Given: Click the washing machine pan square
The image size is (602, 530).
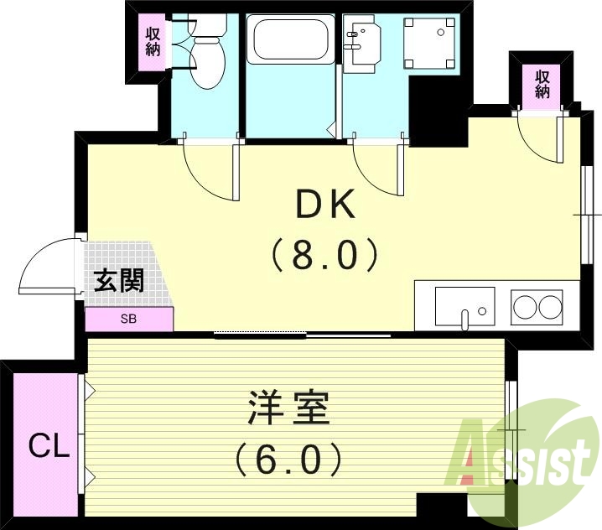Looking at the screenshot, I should pyautogui.click(x=429, y=44).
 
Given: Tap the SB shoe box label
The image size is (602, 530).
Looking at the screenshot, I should pyautogui.click(x=129, y=320).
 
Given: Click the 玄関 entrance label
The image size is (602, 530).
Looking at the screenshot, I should pyautogui.click(x=118, y=281).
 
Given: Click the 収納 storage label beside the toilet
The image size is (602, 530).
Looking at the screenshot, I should pyautogui.click(x=153, y=42).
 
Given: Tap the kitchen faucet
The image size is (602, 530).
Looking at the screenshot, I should pyautogui.click(x=464, y=318).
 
